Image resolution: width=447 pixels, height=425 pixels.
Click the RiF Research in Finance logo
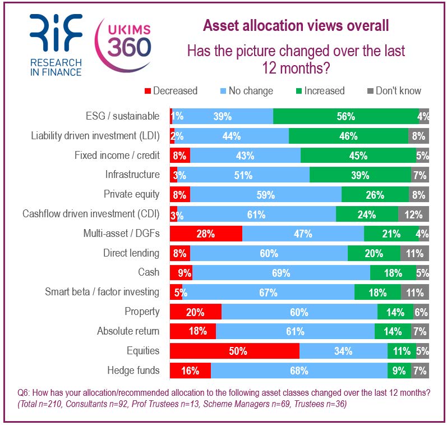[56, 45]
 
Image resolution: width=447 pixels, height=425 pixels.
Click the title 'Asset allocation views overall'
[296, 26]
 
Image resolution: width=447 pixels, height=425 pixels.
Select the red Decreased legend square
[148, 91]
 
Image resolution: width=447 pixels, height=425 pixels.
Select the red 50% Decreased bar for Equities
[234, 351]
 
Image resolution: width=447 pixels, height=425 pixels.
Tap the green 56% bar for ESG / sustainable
[345, 116]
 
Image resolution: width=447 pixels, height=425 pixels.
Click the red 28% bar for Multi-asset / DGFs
[206, 234]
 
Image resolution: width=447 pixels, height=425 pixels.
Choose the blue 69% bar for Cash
[281, 273]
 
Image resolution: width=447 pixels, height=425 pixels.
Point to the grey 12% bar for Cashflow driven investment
[413, 214]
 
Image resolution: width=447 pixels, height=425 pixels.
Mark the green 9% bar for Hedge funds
[399, 371]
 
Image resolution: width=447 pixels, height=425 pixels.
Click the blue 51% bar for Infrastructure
[243, 175]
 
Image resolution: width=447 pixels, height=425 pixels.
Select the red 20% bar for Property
[196, 312]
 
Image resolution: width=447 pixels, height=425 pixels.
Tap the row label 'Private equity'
[131, 194]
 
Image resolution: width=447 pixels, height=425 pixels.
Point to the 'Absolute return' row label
[128, 331]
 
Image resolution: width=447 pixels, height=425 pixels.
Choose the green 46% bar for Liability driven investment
[348, 136]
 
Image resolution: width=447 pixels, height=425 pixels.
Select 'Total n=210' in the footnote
[42, 404]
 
